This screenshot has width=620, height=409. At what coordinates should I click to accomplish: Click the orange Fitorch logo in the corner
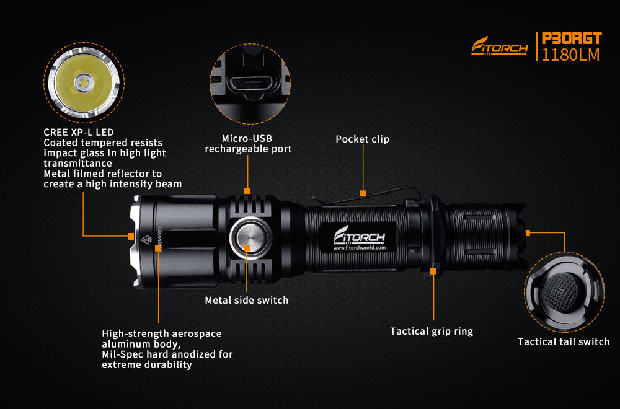pyautogui.click(x=499, y=46)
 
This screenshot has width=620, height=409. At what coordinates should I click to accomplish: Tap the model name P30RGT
pyautogui.click(x=572, y=38)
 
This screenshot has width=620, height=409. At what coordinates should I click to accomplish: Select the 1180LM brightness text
pyautogui.click(x=570, y=55)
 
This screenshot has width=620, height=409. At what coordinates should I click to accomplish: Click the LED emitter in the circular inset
pyautogui.click(x=84, y=83)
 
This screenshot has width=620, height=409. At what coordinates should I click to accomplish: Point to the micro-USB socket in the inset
pyautogui.click(x=250, y=84)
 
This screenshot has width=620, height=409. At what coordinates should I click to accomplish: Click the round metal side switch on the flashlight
pyautogui.click(x=249, y=238)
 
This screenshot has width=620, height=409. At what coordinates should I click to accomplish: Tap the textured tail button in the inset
pyautogui.click(x=560, y=292)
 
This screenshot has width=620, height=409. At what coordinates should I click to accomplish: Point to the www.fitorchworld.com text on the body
pyautogui.click(x=359, y=248)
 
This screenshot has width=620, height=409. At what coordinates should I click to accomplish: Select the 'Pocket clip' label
pyautogui.click(x=362, y=139)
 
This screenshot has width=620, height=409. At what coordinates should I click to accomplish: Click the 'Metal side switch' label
pyautogui.click(x=246, y=300)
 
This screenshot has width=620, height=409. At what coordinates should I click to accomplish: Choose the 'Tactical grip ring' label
pyautogui.click(x=432, y=331)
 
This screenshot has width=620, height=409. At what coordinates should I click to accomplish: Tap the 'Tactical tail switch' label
pyautogui.click(x=564, y=341)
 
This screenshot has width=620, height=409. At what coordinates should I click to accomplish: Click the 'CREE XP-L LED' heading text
pyautogui.click(x=78, y=133)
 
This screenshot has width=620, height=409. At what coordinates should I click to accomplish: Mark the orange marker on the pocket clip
pyautogui.click(x=363, y=193)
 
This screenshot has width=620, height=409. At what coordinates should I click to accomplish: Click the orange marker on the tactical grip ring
pyautogui.click(x=433, y=271)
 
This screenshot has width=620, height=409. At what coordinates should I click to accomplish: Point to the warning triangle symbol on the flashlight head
pyautogui.click(x=146, y=239)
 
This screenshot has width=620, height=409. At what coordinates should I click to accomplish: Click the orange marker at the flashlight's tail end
pyautogui.click(x=528, y=233)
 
